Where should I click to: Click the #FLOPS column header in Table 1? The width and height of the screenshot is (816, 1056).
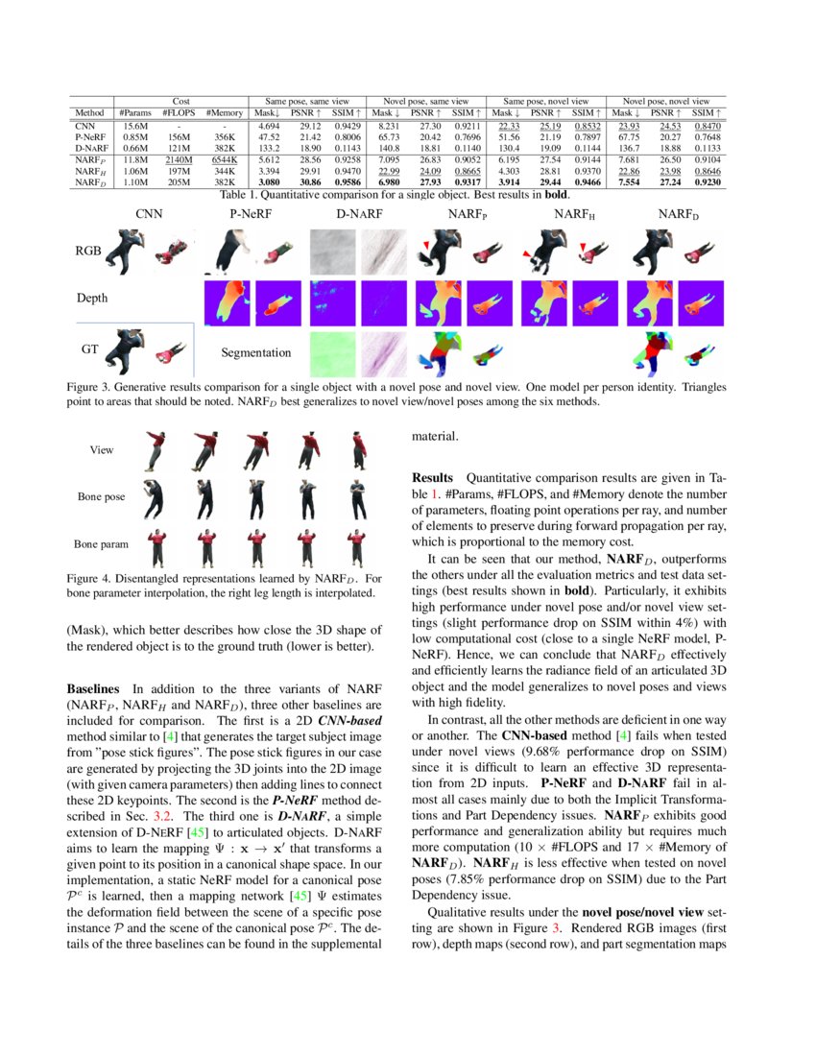click(179, 113)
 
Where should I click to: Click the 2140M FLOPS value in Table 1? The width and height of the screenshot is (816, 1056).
click(179, 159)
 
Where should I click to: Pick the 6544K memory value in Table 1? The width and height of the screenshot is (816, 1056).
click(223, 159)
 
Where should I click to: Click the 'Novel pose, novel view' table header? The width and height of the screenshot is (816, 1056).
click(666, 101)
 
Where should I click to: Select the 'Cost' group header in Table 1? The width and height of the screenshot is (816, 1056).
click(180, 101)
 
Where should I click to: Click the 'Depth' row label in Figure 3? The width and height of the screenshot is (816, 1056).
click(92, 299)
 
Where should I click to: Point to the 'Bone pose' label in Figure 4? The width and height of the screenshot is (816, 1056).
click(102, 497)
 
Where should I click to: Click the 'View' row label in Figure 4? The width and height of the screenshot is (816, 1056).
click(102, 449)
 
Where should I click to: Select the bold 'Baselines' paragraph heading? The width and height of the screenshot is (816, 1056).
click(93, 689)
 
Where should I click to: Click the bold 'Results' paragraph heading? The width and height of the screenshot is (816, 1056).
click(433, 478)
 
